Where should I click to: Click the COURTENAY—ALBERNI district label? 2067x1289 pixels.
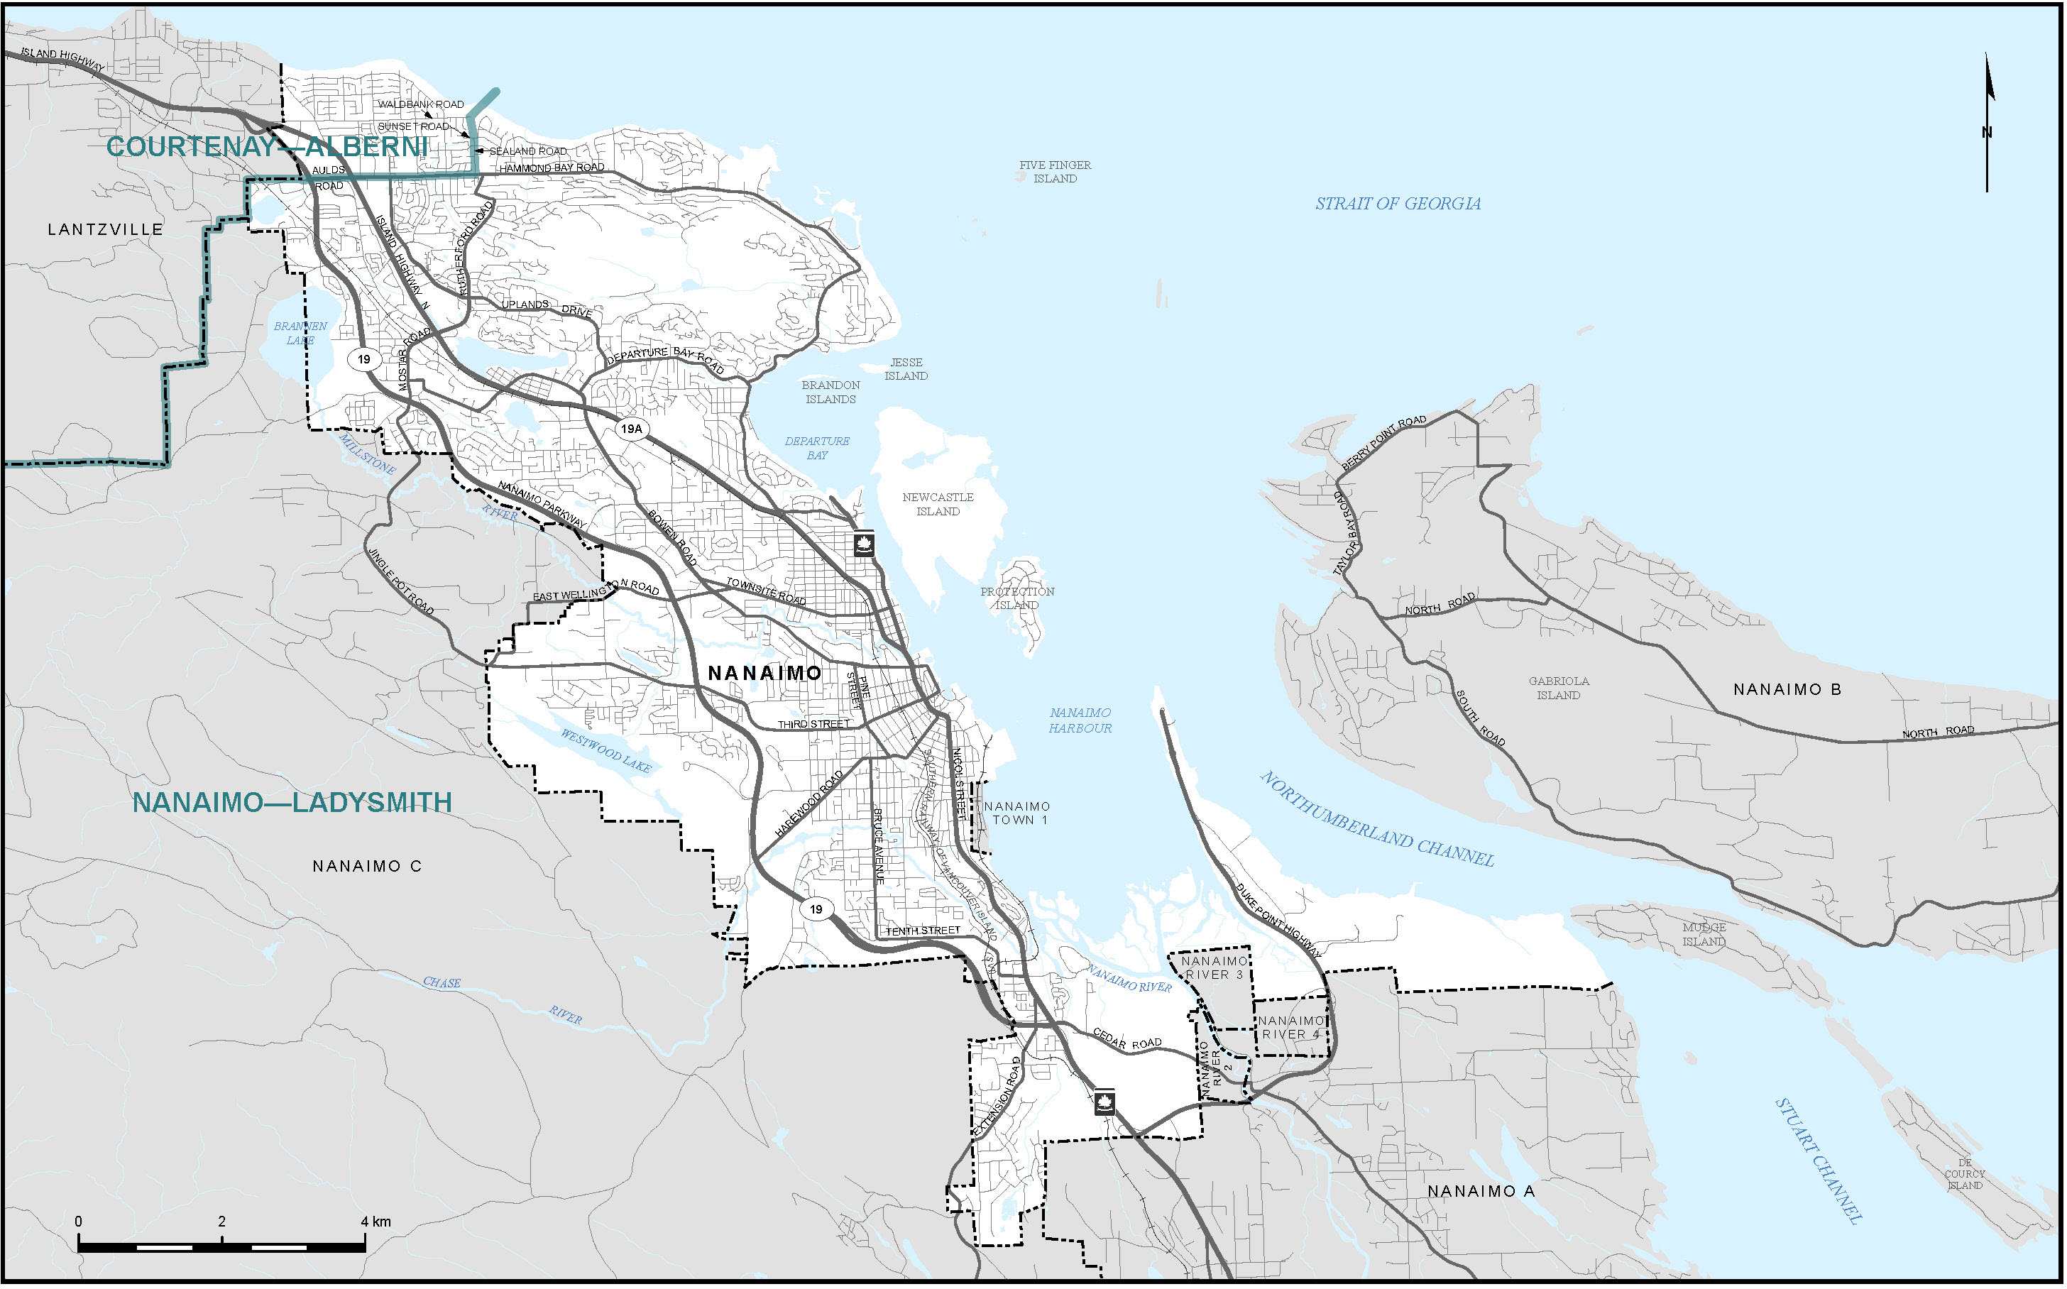[267, 147]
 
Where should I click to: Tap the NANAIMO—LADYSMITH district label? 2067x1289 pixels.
[292, 802]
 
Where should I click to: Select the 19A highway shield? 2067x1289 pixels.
[631, 429]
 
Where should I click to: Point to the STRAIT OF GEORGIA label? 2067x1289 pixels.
[1397, 204]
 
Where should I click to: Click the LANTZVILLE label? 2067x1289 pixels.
[105, 229]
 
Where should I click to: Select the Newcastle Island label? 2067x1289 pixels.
[938, 504]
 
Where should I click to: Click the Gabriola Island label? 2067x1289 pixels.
[1558, 688]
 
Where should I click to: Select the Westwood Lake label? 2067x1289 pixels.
[605, 750]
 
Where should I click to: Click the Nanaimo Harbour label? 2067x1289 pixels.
[1080, 720]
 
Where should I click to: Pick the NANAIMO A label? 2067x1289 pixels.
[1481, 1191]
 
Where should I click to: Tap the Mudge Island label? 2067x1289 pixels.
[1703, 934]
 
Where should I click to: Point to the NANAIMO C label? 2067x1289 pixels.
[366, 866]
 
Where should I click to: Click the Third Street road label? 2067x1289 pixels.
[813, 724]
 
